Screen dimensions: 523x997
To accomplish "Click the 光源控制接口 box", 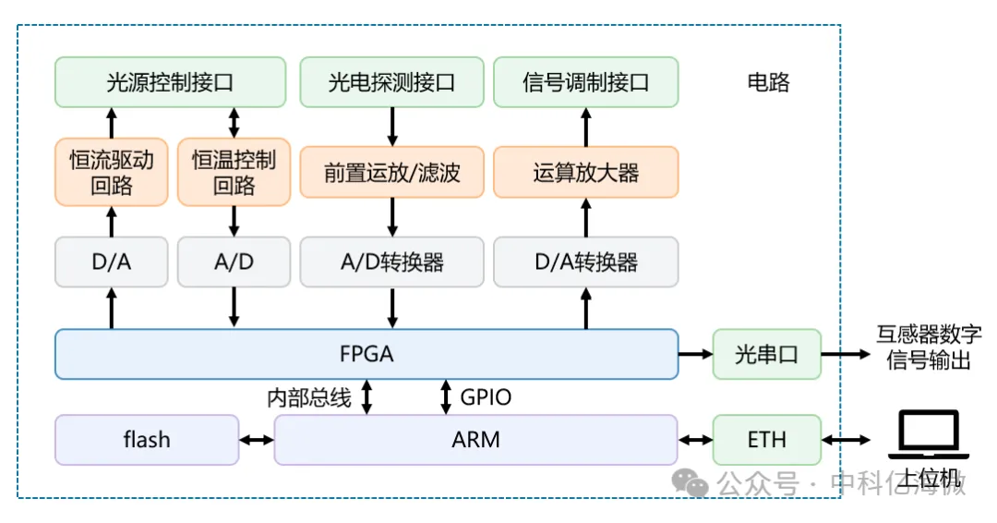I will pos(170,82).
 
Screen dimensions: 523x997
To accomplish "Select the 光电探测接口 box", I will pos(391,82).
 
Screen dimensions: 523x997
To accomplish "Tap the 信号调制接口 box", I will pos(585,82).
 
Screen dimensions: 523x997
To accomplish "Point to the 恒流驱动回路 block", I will pos(112,172).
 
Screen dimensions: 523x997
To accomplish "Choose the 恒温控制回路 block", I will pos(234,172).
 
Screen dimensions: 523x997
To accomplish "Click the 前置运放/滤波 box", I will pos(391,172).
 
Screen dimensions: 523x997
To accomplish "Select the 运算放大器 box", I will pos(585,172).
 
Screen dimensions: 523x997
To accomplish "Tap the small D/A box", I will pos(112,261).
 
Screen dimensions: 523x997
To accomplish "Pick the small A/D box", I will pos(234,261).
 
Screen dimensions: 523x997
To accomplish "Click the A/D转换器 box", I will pos(391,261).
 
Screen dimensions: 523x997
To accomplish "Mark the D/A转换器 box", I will pos(585,261).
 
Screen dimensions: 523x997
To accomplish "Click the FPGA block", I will pos(366,354).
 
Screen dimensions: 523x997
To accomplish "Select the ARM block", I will pos(475,440).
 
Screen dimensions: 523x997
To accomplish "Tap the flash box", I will pos(147,440).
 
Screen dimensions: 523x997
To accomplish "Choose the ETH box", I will pos(766,440).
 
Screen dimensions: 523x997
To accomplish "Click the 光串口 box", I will pos(766,354).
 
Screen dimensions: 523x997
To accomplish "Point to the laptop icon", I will pos(928,435).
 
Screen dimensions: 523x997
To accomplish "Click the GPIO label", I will pos(486,398).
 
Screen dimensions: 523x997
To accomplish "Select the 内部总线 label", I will pos(309,398).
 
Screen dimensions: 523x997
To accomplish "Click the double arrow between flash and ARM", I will pos(257,440).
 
